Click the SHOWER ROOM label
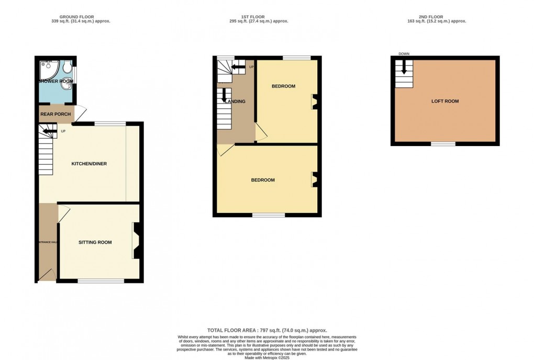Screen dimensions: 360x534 coord(55,81)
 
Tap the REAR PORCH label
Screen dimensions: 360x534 coord(55,114)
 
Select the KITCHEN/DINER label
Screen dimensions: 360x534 coord(89,164)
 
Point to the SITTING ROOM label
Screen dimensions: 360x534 coord(95,242)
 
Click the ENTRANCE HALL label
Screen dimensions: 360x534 coord(47,242)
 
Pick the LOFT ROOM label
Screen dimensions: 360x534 coord(445,101)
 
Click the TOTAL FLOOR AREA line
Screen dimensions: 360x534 coord(267,330)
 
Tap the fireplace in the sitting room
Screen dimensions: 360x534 coord(136,241)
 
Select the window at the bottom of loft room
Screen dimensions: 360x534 coord(443,143)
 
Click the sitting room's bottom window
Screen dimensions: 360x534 coord(101,281)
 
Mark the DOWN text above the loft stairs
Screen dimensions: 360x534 coord(404,54)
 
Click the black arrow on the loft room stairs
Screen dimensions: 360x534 coord(404,67)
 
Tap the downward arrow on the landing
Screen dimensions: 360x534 coord(224,95)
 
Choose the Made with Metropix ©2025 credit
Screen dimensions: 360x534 coord(267,357)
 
